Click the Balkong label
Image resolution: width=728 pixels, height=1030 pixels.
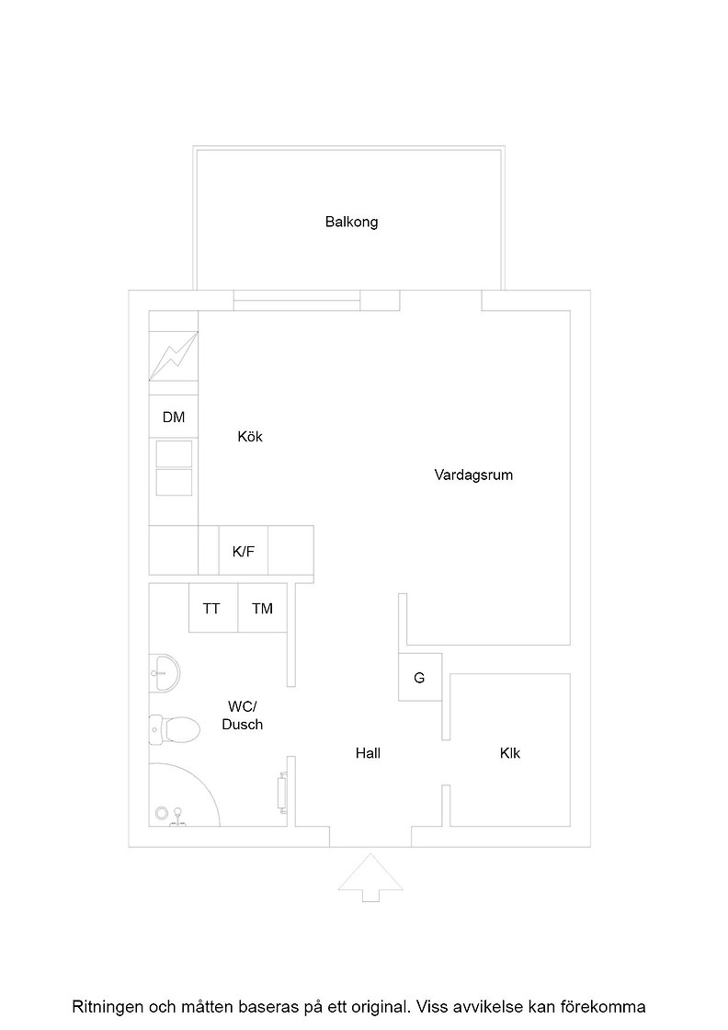[351, 222]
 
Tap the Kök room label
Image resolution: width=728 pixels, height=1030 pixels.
[250, 437]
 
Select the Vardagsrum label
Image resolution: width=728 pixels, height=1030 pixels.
[473, 475]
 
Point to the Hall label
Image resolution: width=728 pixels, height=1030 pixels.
[368, 753]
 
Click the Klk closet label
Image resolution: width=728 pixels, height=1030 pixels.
[510, 753]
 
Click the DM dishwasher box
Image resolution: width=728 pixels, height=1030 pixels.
[174, 418]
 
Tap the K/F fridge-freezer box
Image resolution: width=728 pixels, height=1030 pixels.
[244, 552]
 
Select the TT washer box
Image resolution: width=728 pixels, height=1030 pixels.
[212, 609]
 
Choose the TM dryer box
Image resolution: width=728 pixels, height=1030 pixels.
[262, 609]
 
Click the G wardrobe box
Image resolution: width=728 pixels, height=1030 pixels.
[419, 679]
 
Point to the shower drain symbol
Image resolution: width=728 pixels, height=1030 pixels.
[163, 814]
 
